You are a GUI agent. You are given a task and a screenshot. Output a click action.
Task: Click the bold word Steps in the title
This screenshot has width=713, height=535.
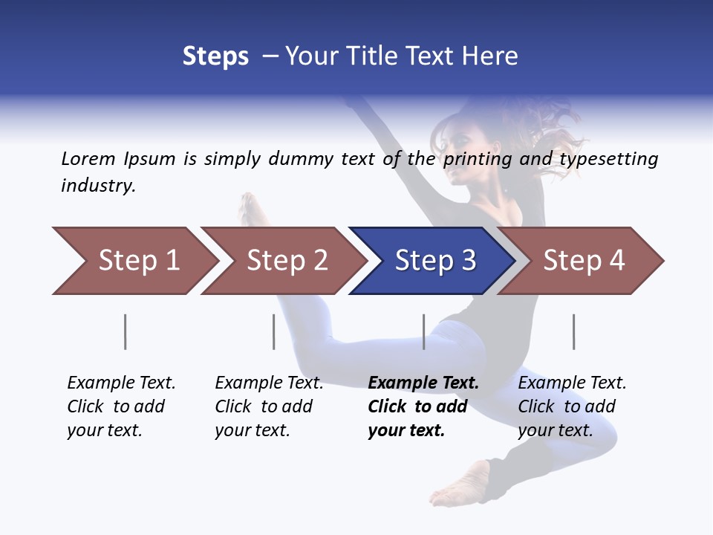click(x=215, y=56)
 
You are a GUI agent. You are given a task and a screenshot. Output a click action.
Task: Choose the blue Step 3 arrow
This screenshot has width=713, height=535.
click(x=435, y=261)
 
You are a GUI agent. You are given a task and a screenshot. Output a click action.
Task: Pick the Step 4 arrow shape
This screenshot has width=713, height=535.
click(x=584, y=261)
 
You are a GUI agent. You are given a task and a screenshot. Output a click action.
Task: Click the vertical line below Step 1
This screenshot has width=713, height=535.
click(x=126, y=331)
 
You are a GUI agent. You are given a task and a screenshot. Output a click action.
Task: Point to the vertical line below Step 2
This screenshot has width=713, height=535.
click(x=274, y=331)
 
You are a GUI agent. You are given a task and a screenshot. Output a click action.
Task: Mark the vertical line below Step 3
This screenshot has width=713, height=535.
click(x=424, y=331)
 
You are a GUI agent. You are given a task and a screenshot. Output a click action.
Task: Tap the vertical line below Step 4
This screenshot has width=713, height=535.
click(x=574, y=331)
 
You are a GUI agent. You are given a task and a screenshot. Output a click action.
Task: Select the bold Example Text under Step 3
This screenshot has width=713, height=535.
click(x=423, y=406)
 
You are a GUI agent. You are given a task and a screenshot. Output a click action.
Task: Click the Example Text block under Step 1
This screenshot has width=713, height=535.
click(x=121, y=406)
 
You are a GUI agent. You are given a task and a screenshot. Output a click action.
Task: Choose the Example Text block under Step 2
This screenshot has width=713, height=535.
click(x=269, y=406)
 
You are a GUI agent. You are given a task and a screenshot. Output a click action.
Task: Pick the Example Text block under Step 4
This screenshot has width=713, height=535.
click(x=572, y=406)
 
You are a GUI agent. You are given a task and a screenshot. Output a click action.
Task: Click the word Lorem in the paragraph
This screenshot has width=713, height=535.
click(x=88, y=158)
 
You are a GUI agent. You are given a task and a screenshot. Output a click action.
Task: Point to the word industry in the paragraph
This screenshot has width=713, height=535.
click(x=97, y=186)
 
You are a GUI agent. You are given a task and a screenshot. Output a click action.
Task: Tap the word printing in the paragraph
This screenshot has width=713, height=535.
click(x=475, y=159)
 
